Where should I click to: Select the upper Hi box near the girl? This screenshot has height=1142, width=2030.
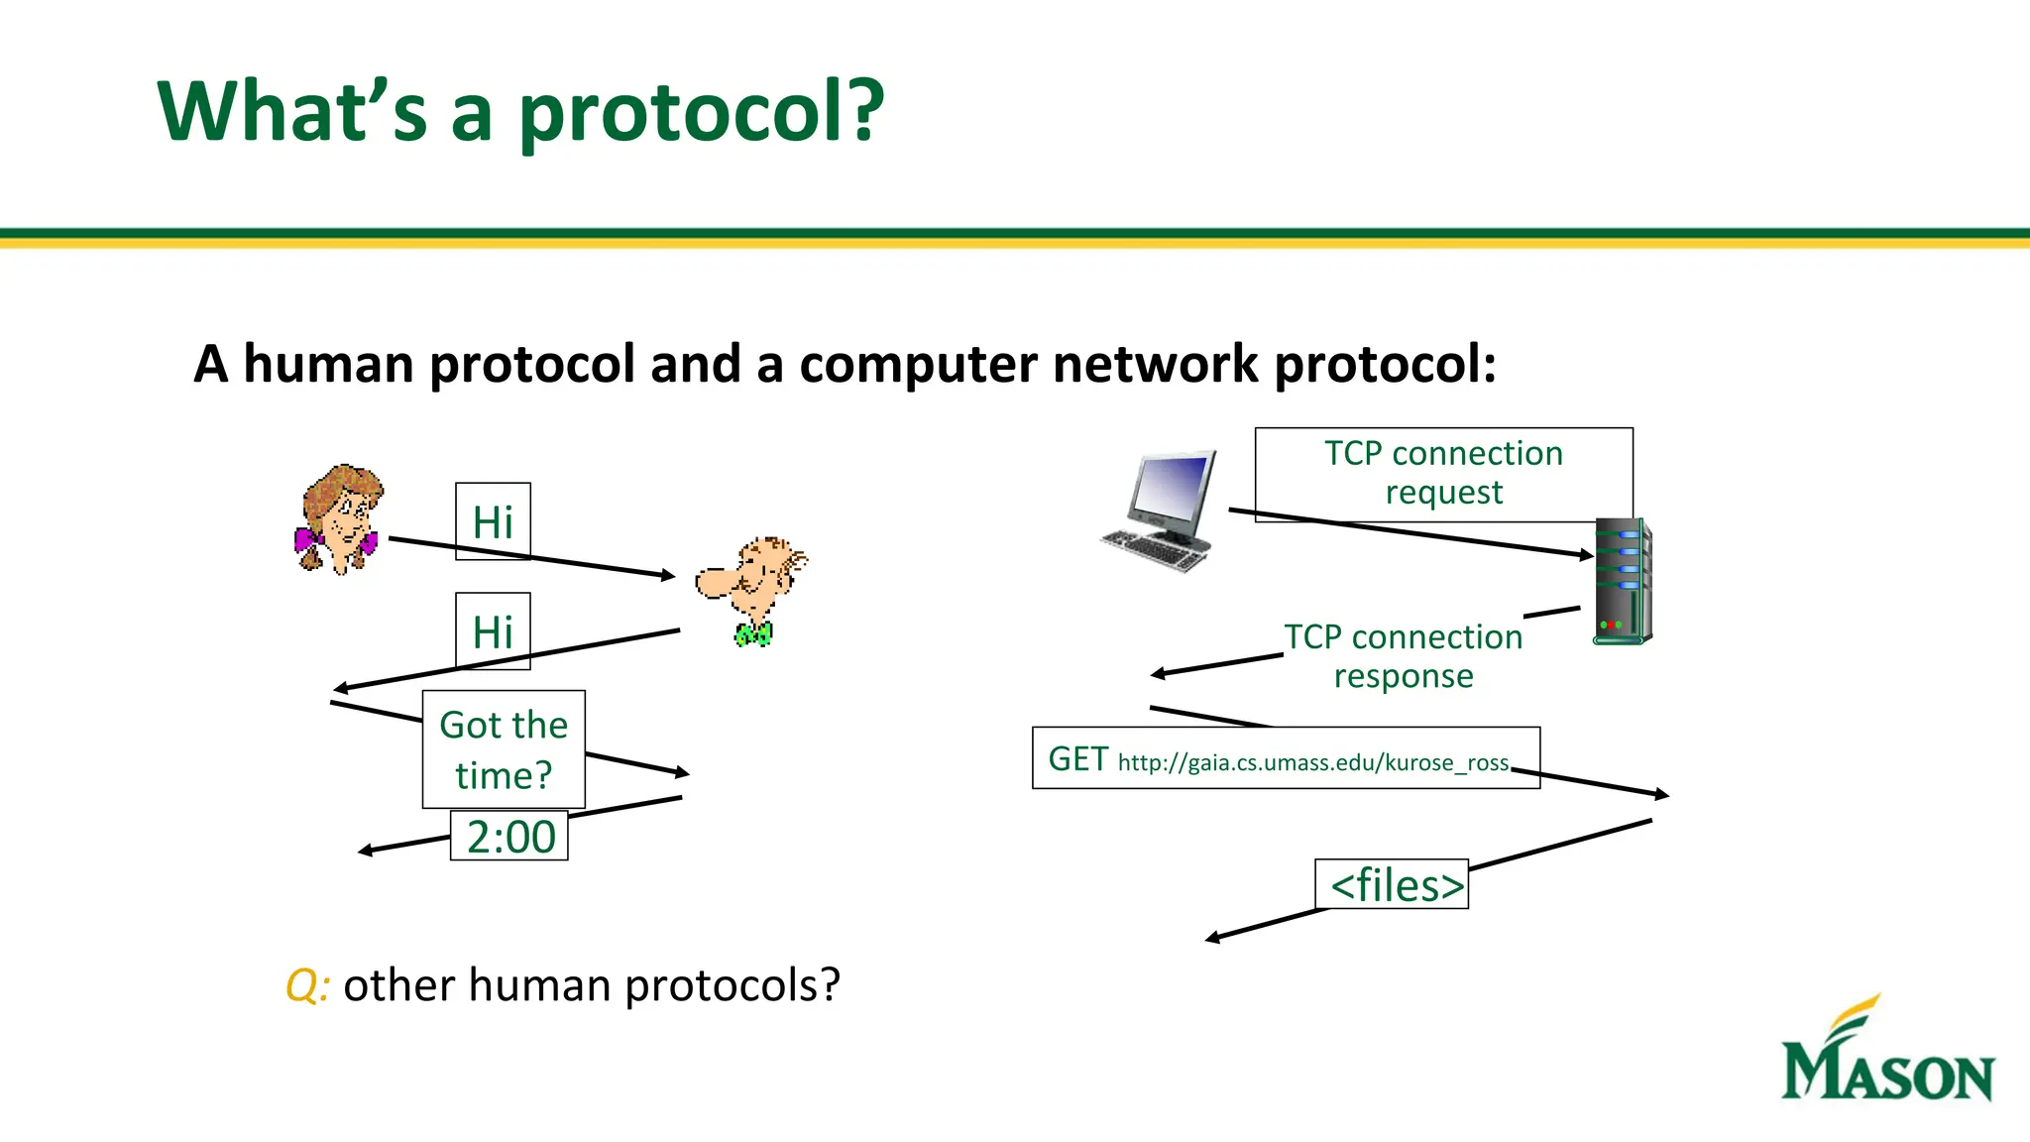pyautogui.click(x=493, y=521)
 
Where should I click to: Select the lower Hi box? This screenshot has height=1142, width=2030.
pyautogui.click(x=493, y=631)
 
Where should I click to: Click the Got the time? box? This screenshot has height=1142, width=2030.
pyautogui.click(x=504, y=749)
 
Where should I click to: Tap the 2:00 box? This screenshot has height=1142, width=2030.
pyautogui.click(x=509, y=837)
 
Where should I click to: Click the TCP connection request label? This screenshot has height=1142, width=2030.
pyautogui.click(x=1443, y=473)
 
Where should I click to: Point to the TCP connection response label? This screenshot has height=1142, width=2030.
pyautogui.click(x=1403, y=655)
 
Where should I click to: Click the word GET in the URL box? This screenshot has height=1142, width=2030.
pyautogui.click(x=1077, y=759)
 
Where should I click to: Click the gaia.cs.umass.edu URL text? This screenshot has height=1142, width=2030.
pyautogui.click(x=1312, y=762)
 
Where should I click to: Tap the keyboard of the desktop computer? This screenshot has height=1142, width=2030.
pyautogui.click(x=1155, y=550)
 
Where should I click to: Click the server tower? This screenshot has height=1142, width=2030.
pyautogui.click(x=1623, y=581)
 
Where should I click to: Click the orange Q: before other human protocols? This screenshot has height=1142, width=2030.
pyautogui.click(x=306, y=985)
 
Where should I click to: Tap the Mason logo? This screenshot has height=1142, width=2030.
pyautogui.click(x=1887, y=1055)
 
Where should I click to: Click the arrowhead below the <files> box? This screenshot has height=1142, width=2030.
pyautogui.click(x=1212, y=938)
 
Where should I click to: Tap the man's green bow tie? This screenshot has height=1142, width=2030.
pyautogui.click(x=753, y=634)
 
